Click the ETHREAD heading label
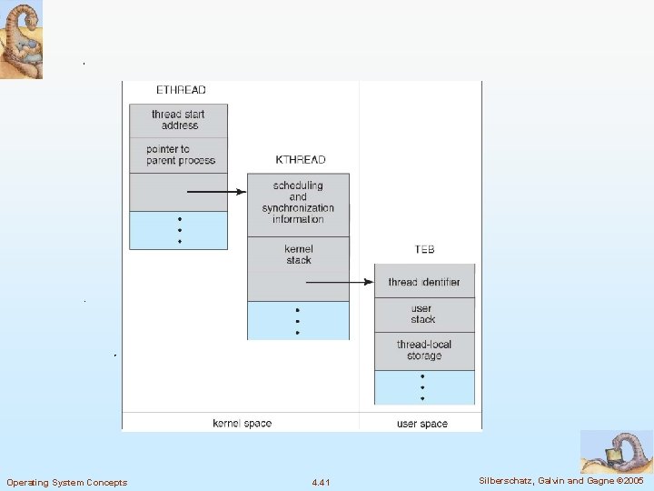pos(181,90)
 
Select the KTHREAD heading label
pos(300,160)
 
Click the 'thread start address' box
pos(178,120)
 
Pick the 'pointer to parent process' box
pos(178,155)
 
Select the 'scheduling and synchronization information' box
pos(298,203)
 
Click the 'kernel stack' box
pos(298,254)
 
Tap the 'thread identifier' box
pos(424,282)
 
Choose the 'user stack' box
pos(424,315)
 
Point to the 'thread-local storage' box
pos(424,350)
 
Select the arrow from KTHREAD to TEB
pos(340,282)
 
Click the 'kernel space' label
pos(242,424)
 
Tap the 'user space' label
pos(422,424)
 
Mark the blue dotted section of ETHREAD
pos(178,230)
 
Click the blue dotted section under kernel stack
pos(298,320)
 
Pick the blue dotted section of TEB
pos(424,386)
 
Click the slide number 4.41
pos(321,482)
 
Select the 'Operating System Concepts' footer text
pos(66,482)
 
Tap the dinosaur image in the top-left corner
pos(21,40)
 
